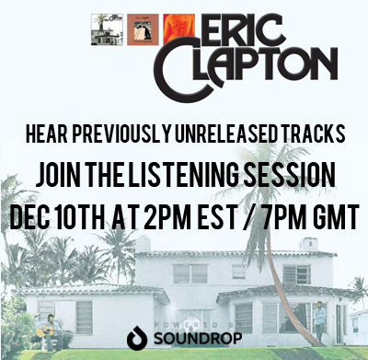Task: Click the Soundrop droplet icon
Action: [x=135, y=339]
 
